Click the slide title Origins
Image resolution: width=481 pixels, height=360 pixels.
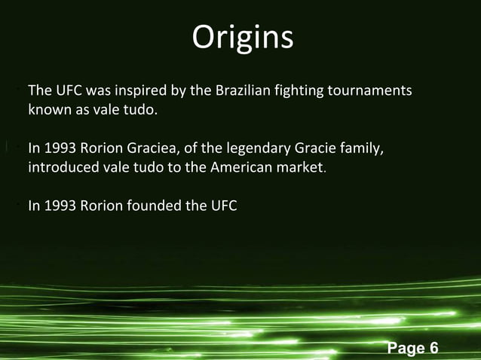pos(242,38)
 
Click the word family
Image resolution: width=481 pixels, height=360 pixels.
pos(363,148)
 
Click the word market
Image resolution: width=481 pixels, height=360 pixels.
pos(299,166)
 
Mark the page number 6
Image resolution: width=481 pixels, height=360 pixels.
pos(434,348)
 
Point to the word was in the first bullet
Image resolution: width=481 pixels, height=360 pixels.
pos(100,92)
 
